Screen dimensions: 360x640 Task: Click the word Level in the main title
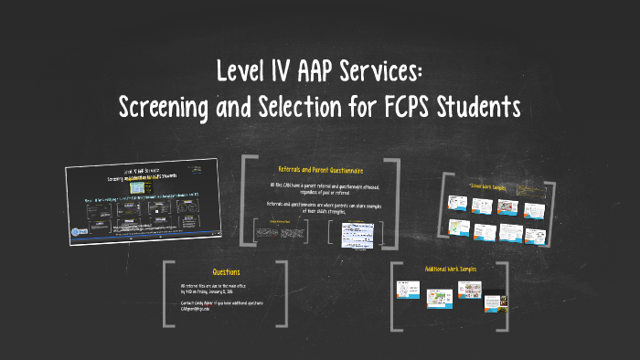(241, 72)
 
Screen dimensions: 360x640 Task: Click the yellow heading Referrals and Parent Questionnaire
(320, 170)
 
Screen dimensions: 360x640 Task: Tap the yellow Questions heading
(226, 272)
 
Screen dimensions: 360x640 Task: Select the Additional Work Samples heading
(450, 269)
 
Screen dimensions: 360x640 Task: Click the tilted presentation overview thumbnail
(142, 198)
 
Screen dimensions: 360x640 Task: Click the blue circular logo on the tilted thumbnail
(78, 232)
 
